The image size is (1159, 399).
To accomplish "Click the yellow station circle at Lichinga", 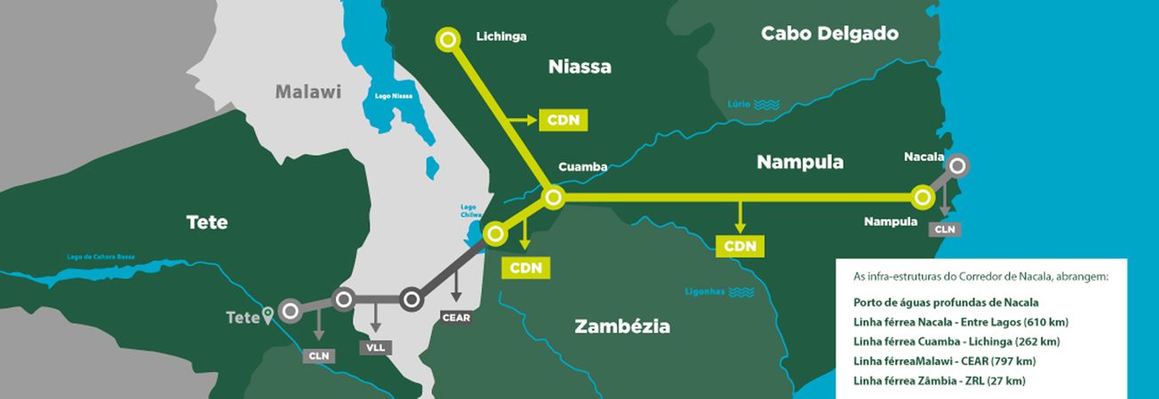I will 448,40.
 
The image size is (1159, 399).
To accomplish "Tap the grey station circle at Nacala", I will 957,165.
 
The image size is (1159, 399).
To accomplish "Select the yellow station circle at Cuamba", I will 552,196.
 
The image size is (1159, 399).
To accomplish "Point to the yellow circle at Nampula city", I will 924,196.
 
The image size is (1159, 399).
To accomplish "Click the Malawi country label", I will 308,92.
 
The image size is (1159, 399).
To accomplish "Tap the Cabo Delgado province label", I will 829,35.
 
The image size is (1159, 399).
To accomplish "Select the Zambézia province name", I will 622,326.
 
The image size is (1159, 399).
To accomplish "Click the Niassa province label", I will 579,67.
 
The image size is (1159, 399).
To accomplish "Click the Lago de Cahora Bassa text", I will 100,257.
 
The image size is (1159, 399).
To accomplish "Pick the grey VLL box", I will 375,347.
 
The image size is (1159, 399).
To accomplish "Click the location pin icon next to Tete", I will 268,315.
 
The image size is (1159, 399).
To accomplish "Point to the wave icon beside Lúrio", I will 766,105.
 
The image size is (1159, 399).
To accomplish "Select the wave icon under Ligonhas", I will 740,291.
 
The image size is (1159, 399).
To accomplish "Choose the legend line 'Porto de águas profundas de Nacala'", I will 933,302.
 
